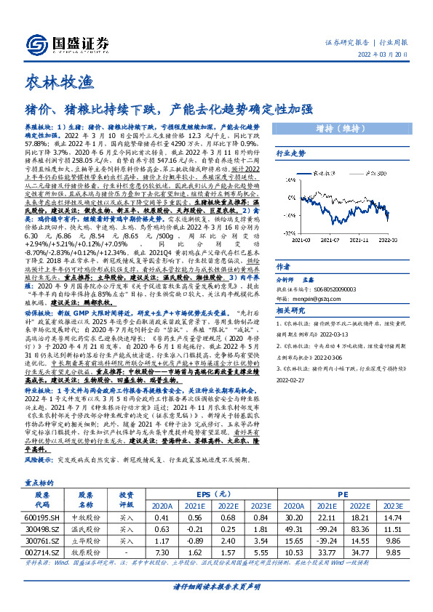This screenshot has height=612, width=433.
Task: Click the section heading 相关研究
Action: [289, 311]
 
